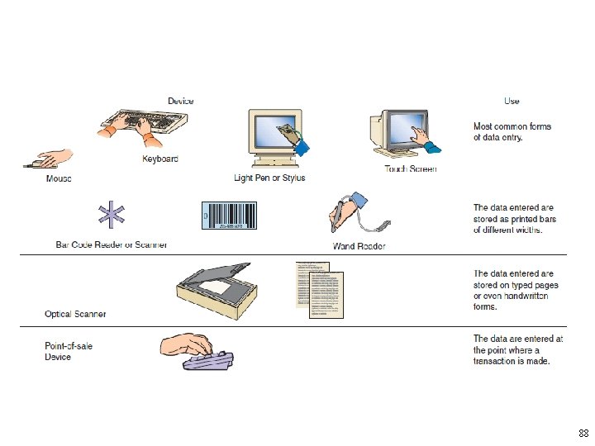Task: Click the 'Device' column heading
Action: [181, 102]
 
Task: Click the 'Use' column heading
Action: [512, 102]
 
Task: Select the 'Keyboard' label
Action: [159, 159]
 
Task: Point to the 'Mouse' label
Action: [58, 178]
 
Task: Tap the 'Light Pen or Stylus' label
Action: [269, 178]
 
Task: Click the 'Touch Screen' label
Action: [411, 169]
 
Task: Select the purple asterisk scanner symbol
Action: [109, 215]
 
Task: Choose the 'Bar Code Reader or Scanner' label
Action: [112, 244]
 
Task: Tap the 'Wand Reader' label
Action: [359, 246]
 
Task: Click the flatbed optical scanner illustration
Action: [214, 289]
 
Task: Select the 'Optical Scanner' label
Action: [75, 314]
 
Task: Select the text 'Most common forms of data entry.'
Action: [512, 132]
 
